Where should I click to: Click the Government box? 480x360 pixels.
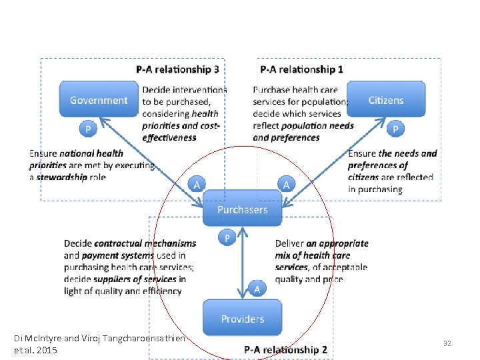point(99,100)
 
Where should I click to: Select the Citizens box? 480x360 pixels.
point(386,100)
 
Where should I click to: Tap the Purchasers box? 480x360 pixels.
point(242,209)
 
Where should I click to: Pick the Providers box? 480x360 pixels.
point(242,319)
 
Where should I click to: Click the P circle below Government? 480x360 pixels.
point(87,127)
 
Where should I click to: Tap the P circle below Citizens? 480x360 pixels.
point(396,127)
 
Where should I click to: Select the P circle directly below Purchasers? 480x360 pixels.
point(227,238)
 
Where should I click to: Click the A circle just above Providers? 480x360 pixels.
point(257,288)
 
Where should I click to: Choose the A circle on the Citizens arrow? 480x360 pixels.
point(286,184)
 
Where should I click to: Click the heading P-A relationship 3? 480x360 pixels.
point(177,69)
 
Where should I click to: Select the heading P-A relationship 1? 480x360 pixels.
point(302,69)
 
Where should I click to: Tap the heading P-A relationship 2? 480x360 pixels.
point(285,349)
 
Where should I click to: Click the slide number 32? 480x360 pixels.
point(447,343)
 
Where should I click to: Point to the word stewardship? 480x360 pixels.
point(62,177)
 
